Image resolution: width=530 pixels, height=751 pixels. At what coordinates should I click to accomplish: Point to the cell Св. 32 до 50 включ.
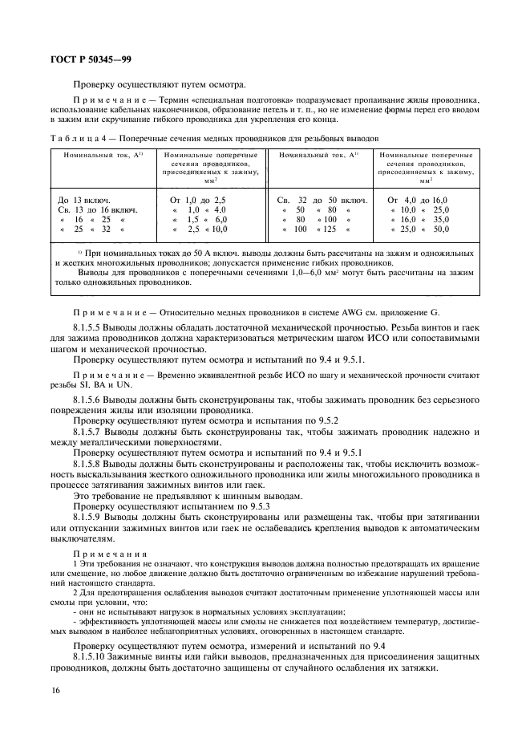click(322, 199)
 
